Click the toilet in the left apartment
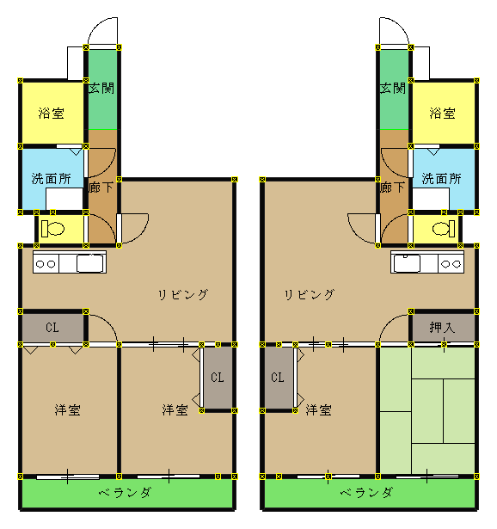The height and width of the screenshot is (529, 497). [x=52, y=229]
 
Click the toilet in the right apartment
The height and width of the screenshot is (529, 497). [x=444, y=229]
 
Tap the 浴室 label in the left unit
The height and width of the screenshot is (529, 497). [x=52, y=113]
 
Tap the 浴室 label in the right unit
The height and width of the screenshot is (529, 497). [x=442, y=113]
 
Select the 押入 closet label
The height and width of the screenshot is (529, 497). [x=442, y=327]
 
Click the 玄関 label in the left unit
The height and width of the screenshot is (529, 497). [x=101, y=89]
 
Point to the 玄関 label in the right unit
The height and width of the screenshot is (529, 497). [x=392, y=89]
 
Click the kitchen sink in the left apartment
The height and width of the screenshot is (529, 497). [x=89, y=263]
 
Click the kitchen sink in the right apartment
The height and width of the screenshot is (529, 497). [x=407, y=263]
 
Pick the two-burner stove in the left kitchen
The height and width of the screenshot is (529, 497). [x=46, y=264]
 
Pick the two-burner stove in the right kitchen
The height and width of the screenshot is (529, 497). [x=451, y=264]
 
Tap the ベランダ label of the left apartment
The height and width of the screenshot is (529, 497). [x=125, y=493]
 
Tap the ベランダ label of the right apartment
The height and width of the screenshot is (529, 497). [x=366, y=493]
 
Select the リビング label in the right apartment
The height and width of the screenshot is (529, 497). [x=310, y=294]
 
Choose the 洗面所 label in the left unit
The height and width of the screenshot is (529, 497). [x=52, y=179]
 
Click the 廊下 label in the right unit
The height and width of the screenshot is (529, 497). [x=392, y=188]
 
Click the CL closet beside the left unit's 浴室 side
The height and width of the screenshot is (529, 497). [x=52, y=327]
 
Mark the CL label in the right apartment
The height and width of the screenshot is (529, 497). [x=278, y=378]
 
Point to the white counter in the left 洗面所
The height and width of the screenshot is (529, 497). [x=64, y=199]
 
